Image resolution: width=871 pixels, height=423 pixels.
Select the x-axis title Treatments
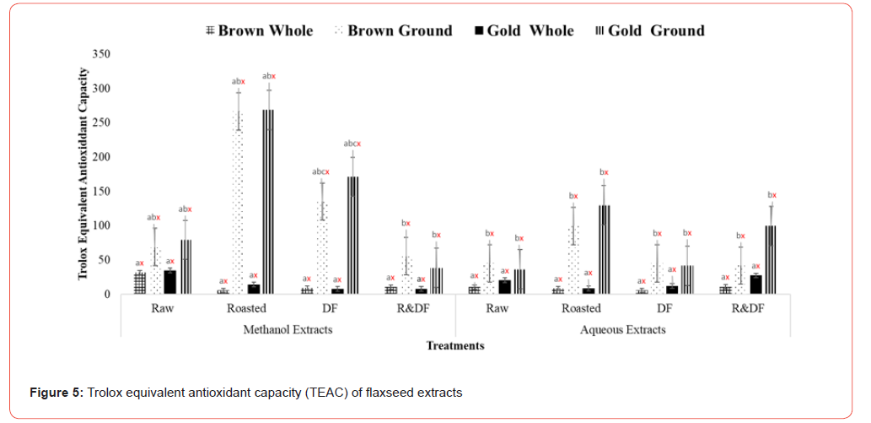pyautogui.click(x=455, y=344)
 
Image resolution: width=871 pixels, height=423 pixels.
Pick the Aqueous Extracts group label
pyautogui.click(x=622, y=329)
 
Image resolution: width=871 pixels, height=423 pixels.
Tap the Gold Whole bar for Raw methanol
pyautogui.click(x=169, y=282)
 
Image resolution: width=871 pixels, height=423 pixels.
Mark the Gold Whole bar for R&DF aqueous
pyautogui.click(x=755, y=285)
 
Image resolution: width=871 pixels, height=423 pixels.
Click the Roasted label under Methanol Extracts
pyautogui.click(x=246, y=308)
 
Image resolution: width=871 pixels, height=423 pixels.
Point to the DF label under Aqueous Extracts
pyautogui.click(x=664, y=308)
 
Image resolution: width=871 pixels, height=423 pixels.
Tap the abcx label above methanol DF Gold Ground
pyautogui.click(x=352, y=144)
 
